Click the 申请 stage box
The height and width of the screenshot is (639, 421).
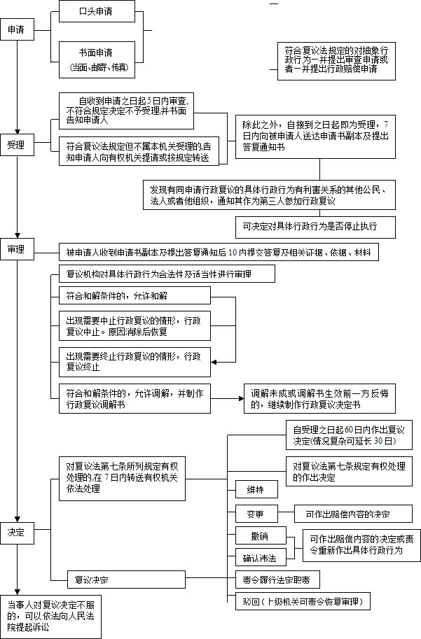coord(16,30)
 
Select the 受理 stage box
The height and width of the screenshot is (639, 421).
coord(16,145)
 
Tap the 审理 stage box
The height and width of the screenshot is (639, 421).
coord(16,250)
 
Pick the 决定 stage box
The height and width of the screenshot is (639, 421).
coord(16,532)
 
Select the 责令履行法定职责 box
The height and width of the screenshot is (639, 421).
coord(278,580)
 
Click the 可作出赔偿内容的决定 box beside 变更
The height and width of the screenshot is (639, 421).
coord(353,514)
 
